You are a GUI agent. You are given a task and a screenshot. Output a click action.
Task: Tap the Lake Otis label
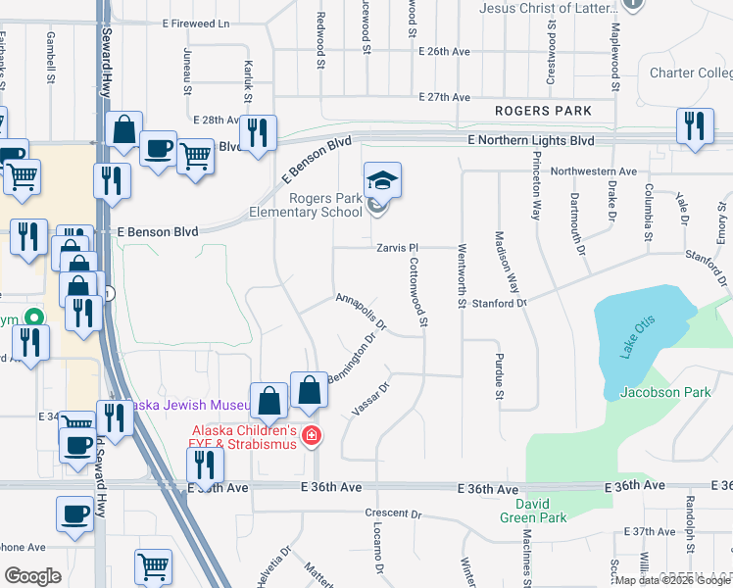[x=637, y=339]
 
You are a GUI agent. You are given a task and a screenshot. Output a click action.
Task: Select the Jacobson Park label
[x=665, y=393]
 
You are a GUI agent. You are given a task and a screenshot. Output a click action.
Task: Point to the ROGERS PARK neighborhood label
[x=543, y=111]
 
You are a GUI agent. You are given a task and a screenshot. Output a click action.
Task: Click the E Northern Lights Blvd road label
[x=531, y=140]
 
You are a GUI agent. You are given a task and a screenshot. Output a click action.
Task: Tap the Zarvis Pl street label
[x=397, y=249]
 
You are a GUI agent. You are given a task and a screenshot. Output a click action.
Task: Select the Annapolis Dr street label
[x=362, y=311]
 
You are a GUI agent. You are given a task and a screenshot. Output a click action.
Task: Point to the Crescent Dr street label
[x=392, y=514]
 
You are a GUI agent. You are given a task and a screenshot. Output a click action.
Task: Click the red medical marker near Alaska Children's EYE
[x=312, y=435]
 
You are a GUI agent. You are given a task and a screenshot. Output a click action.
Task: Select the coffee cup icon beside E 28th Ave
[x=157, y=149]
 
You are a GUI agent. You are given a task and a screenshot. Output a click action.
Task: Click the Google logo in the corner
[x=31, y=576]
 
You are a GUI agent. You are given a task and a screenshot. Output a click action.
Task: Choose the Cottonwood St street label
[x=418, y=293]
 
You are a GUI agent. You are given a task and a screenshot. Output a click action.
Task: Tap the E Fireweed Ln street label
[x=196, y=23]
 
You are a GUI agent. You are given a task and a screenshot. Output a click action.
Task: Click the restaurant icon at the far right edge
[x=695, y=127]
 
